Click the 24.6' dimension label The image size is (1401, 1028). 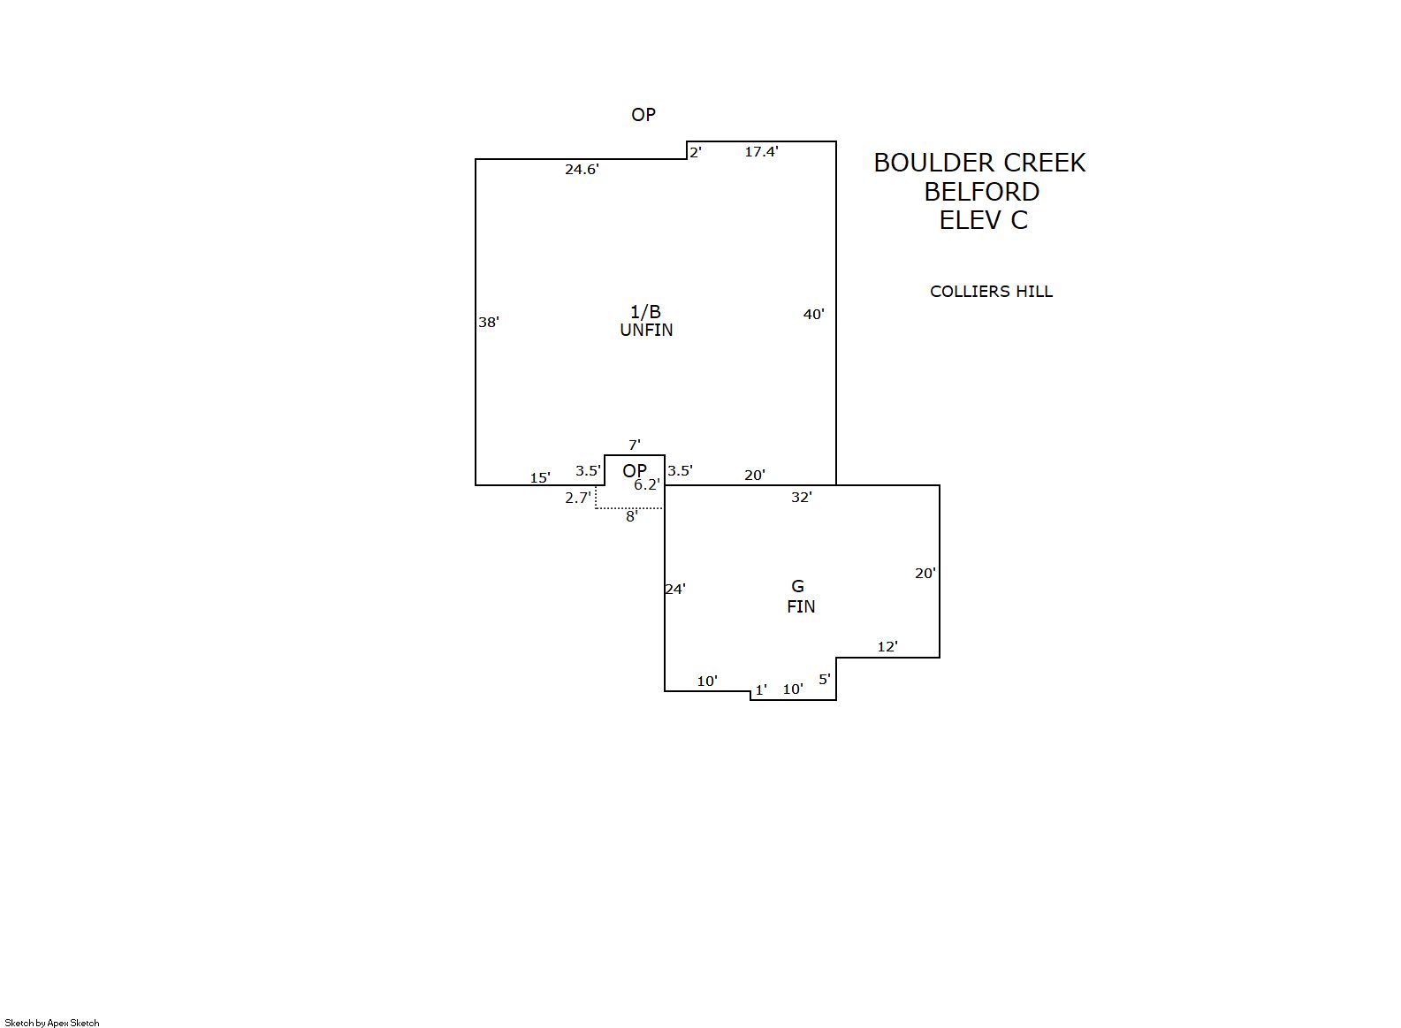point(582,170)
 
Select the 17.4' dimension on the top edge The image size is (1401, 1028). point(761,152)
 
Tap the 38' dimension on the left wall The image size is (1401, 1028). point(489,323)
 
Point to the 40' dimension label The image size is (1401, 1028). point(813,315)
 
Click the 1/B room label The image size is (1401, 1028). point(645,311)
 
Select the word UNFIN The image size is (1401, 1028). point(646,331)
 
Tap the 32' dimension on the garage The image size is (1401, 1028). point(801,498)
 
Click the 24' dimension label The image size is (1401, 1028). point(675,589)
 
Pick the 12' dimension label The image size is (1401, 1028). point(887,647)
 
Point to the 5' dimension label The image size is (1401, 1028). point(824,680)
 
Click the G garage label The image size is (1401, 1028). point(797,586)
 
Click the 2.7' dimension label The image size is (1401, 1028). point(577,499)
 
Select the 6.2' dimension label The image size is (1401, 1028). point(646,484)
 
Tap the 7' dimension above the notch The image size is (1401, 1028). point(634,445)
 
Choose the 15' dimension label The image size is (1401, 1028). point(540,478)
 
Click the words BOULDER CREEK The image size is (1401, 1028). point(979,163)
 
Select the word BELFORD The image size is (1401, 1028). point(981,192)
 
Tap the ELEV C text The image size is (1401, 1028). point(983,220)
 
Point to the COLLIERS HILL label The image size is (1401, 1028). point(991,292)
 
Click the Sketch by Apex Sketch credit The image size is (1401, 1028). point(52,1023)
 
